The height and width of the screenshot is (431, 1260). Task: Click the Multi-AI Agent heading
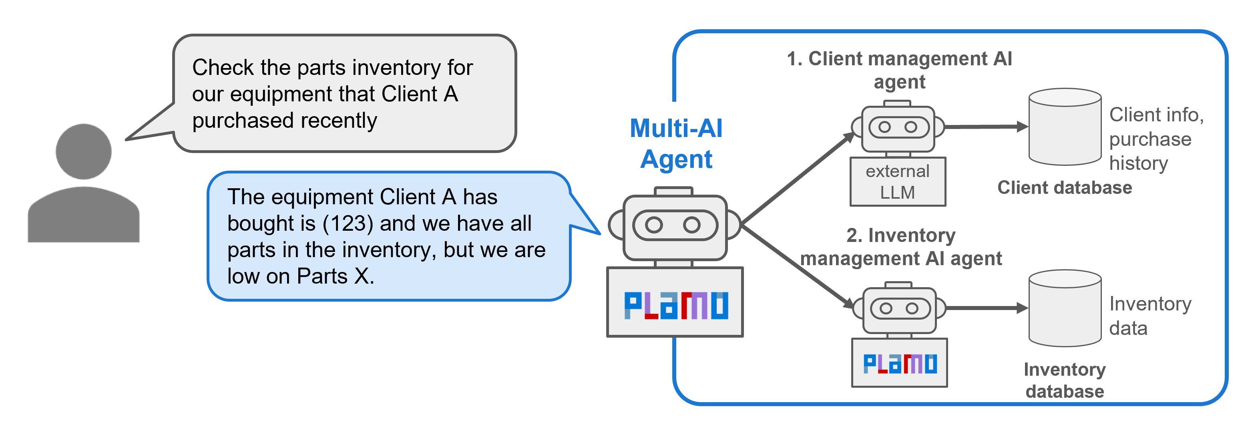coord(676,144)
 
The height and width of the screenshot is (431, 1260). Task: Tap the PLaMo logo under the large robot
coord(675,305)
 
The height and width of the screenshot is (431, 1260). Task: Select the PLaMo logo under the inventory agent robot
coord(900,363)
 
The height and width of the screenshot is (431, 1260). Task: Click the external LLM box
coord(898,182)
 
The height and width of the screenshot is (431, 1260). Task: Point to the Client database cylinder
coord(1065,127)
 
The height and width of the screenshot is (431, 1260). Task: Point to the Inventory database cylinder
coord(1065,308)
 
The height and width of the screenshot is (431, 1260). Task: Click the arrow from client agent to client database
coord(986,127)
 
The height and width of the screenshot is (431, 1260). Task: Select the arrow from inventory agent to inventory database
coord(986,308)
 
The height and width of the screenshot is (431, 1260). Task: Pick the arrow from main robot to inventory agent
coord(797,267)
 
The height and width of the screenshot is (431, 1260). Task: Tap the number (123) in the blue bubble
coord(348,224)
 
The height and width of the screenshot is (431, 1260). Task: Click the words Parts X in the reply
coord(336,276)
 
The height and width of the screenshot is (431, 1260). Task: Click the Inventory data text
coord(1149,316)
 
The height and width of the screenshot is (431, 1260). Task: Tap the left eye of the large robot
coord(654,225)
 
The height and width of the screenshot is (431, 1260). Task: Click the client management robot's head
coord(898,128)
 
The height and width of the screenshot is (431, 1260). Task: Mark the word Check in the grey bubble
coord(223,68)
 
